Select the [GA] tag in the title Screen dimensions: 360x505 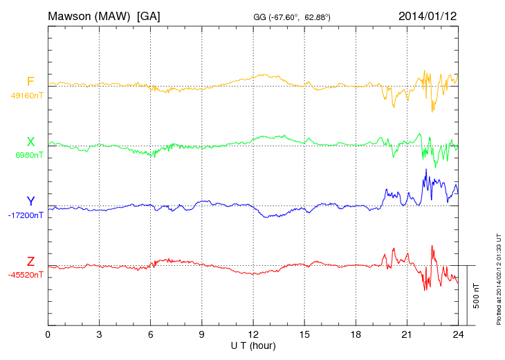click(149, 15)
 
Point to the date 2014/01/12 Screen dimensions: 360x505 click(428, 15)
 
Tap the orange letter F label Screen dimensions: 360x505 click(30, 82)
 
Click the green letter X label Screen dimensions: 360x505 click(30, 142)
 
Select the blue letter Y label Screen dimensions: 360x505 click(30, 201)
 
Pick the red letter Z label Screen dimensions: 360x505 click(30, 262)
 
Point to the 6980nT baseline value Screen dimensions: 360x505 click(29, 155)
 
